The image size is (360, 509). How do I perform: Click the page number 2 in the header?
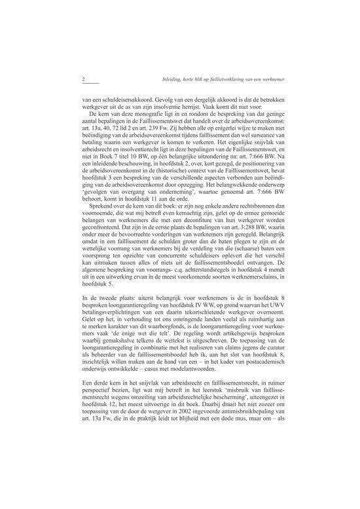(84, 80)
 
